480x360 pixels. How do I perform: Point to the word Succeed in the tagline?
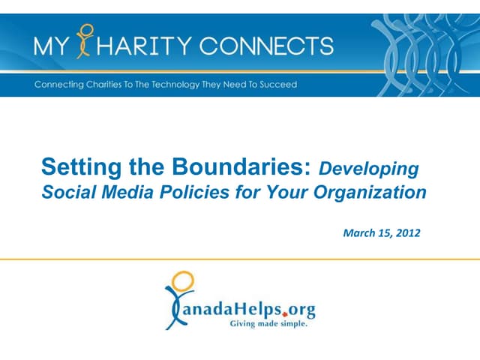click(278, 84)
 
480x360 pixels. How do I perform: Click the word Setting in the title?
click(67, 166)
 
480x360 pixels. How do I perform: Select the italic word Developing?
click(368, 167)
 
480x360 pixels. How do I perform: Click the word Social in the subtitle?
click(64, 193)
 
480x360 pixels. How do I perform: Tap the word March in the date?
click(358, 233)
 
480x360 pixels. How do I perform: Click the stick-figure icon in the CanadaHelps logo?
click(178, 299)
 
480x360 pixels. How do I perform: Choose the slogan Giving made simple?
click(268, 325)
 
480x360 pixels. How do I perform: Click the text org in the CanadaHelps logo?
click(301, 309)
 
